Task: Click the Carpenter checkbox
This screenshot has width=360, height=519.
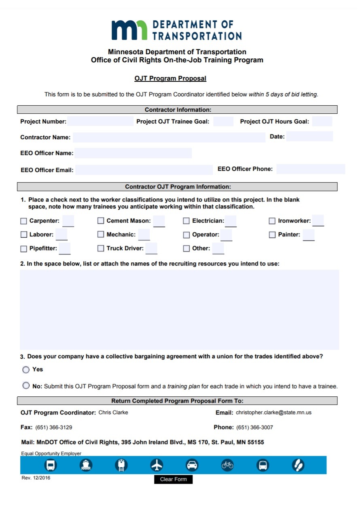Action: pyautogui.click(x=24, y=221)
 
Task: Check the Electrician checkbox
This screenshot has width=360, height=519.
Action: pyautogui.click(x=186, y=221)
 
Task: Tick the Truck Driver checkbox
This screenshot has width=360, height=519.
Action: pyautogui.click(x=101, y=249)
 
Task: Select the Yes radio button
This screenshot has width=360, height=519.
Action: pyautogui.click(x=26, y=370)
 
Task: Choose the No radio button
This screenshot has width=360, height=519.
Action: pyautogui.click(x=26, y=386)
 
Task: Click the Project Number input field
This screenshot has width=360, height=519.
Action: pyautogui.click(x=100, y=121)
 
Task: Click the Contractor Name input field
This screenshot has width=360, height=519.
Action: pyautogui.click(x=169, y=137)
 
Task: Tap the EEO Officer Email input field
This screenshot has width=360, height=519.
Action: pyautogui.click(x=144, y=170)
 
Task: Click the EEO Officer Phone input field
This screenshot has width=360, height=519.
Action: pyautogui.click(x=310, y=169)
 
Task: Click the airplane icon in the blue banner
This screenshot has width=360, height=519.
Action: pyautogui.click(x=157, y=465)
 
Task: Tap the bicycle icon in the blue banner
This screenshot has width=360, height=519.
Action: pyautogui.click(x=227, y=465)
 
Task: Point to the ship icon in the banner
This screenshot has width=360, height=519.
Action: pyautogui.click(x=86, y=465)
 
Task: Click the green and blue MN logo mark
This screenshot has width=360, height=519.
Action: pyautogui.click(x=129, y=30)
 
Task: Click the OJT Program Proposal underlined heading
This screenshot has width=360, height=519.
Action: pyautogui.click(x=170, y=79)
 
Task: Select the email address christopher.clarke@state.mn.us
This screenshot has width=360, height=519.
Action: pyautogui.click(x=273, y=413)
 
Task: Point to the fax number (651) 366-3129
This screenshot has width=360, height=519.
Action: pyautogui.click(x=54, y=428)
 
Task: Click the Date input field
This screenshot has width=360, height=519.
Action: pyautogui.click(x=309, y=136)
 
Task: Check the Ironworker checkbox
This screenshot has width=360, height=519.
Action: pyautogui.click(x=272, y=221)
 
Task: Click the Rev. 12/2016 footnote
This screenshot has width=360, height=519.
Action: pyautogui.click(x=36, y=478)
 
